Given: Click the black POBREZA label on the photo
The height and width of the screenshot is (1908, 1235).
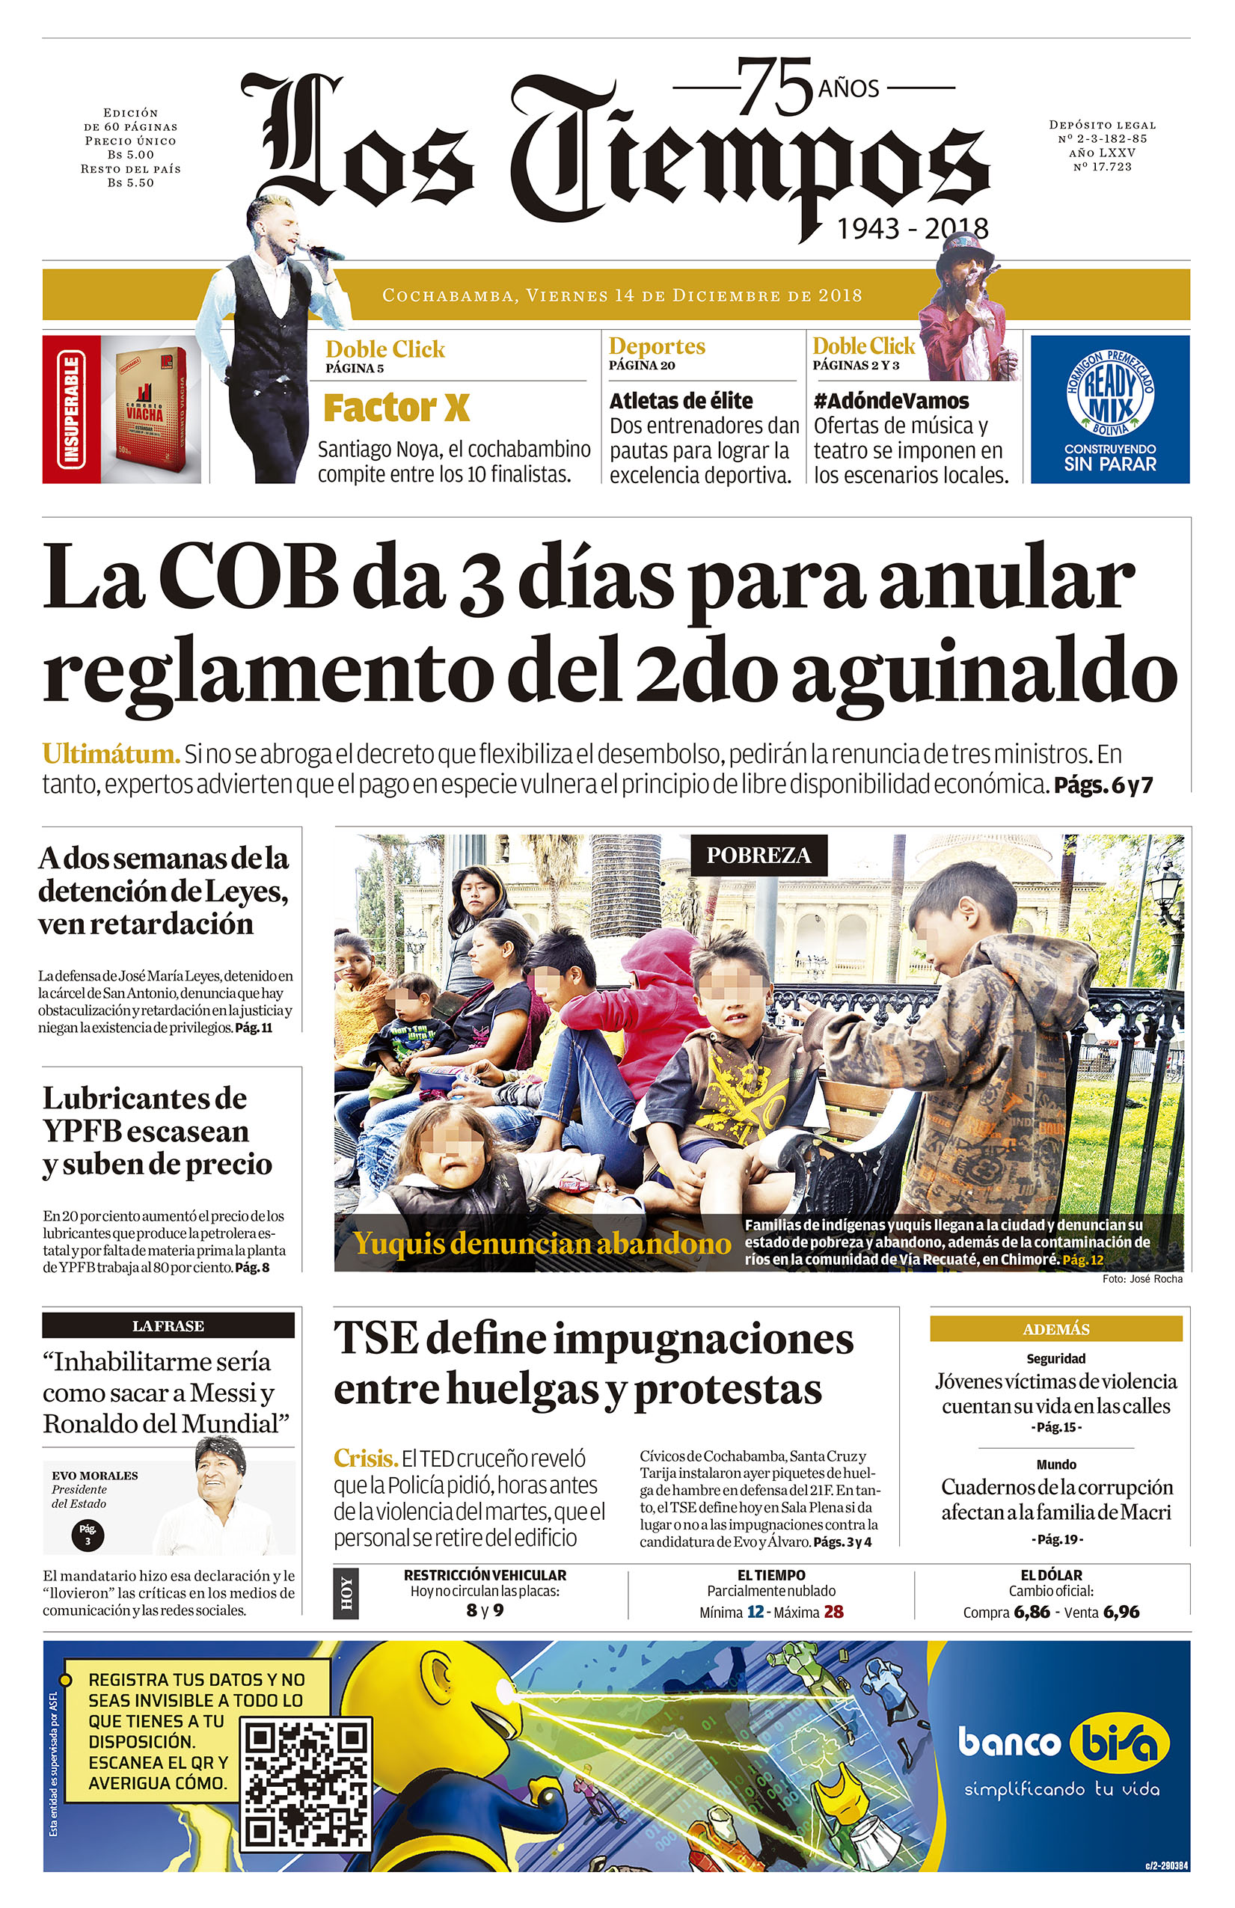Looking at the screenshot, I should [x=758, y=856].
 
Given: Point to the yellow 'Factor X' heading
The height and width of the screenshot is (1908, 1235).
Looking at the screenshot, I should [x=396, y=408].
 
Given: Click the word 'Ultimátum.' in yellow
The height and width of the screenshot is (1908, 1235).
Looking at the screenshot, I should [x=110, y=755].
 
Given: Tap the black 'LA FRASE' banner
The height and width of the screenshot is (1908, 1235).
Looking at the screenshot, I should [x=168, y=1326].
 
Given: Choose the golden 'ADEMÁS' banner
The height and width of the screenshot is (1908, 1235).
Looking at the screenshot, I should [x=1055, y=1329].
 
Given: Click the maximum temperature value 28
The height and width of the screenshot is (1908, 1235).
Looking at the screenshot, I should [x=833, y=1612].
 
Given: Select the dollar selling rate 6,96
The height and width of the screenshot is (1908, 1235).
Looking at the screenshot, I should [x=1121, y=1612].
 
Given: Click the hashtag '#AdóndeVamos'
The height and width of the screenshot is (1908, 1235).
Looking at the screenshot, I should [x=891, y=401].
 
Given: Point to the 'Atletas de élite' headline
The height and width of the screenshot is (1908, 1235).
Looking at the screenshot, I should [x=681, y=401].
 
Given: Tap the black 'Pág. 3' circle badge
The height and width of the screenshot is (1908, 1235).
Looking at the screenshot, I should [x=88, y=1535].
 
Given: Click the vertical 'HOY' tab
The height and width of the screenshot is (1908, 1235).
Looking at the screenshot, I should [x=346, y=1593].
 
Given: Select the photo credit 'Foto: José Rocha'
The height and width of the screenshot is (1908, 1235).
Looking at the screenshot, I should [x=1142, y=1279].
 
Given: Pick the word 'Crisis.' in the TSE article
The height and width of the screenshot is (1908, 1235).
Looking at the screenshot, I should [x=365, y=1458].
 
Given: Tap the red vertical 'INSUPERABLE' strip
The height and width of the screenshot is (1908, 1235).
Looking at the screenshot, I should [x=71, y=410].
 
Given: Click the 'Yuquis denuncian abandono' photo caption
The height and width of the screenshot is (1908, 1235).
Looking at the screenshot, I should [x=542, y=1243].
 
